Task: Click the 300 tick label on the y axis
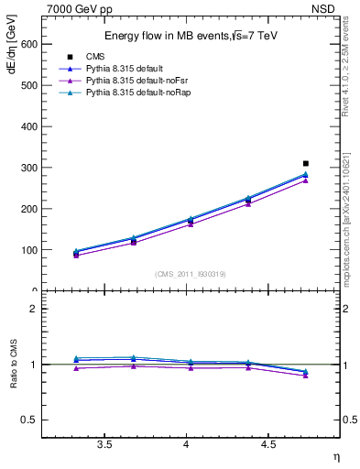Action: (27, 168)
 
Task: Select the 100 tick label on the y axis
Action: (27, 250)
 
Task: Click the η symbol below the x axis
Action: (334, 455)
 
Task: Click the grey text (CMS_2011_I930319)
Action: (191, 274)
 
